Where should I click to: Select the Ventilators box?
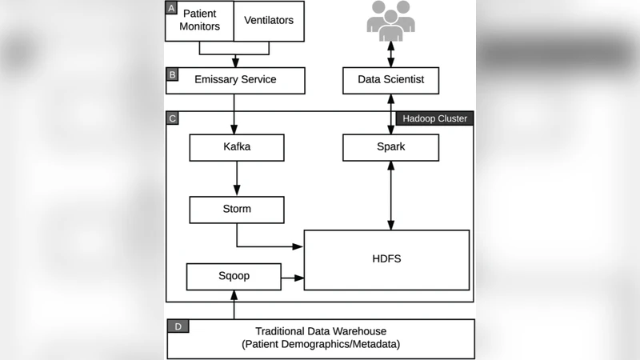click(269, 21)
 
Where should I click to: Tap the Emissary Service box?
click(235, 80)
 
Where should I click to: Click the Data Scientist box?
click(390, 80)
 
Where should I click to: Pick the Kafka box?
click(237, 147)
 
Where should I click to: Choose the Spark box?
click(390, 147)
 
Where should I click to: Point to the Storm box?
click(237, 210)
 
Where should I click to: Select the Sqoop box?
click(234, 276)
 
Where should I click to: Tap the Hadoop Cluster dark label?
click(435, 118)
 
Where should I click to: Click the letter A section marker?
click(171, 9)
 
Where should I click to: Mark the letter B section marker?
click(172, 74)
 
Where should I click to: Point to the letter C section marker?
click(172, 118)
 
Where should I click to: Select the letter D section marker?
click(178, 326)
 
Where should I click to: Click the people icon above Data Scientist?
click(390, 21)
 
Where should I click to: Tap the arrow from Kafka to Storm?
click(237, 178)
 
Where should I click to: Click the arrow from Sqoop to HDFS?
click(293, 278)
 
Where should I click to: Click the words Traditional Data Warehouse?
click(319, 331)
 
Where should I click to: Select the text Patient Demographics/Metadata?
click(319, 345)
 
